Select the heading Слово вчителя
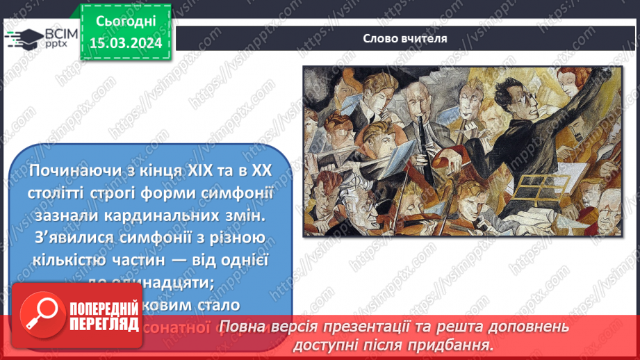[405, 39]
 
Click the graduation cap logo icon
[22, 39]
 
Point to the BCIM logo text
[60, 33]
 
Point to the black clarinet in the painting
[420, 142]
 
